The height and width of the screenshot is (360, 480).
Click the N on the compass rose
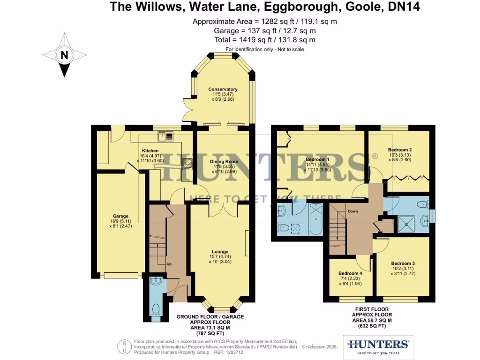pyautogui.click(x=64, y=55)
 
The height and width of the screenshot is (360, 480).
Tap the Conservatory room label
pyautogui.click(x=223, y=90)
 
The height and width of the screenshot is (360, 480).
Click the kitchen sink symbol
pyautogui.click(x=166, y=136)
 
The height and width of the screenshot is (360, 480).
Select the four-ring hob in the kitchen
pyautogui.click(x=187, y=163)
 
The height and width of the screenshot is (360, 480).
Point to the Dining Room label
pyautogui.click(x=224, y=162)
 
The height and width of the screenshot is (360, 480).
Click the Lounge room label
pyautogui.click(x=220, y=251)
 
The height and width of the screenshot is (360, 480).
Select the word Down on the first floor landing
pyautogui.click(x=352, y=211)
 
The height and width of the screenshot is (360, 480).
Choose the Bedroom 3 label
pyautogui.click(x=403, y=263)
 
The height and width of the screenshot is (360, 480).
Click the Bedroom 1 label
pyautogui.click(x=317, y=159)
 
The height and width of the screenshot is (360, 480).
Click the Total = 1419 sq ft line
pyautogui.click(x=264, y=40)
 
